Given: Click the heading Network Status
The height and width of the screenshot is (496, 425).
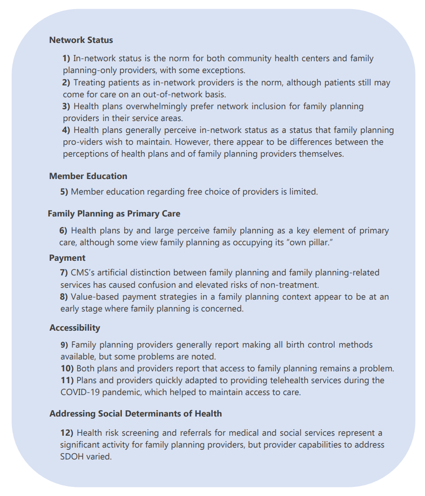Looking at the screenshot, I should click(x=81, y=40).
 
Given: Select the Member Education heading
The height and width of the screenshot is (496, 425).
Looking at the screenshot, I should click(x=88, y=176).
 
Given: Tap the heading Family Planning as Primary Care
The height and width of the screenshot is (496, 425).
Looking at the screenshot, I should click(x=114, y=213).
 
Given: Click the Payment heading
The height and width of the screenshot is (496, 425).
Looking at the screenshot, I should click(x=67, y=258).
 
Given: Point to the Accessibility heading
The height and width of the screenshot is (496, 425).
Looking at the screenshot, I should click(x=74, y=327).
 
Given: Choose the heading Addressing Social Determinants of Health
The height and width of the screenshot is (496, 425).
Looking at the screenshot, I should click(x=136, y=413).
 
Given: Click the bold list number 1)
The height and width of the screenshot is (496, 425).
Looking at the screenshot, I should click(x=67, y=58).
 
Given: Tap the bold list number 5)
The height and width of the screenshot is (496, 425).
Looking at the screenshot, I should click(x=64, y=192).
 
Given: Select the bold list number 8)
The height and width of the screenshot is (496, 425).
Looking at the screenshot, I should click(x=64, y=297).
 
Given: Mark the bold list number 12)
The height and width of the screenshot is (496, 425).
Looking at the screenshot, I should click(x=67, y=433).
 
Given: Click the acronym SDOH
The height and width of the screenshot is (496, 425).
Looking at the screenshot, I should click(x=72, y=456).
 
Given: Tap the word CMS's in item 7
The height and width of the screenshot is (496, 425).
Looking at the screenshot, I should click(x=83, y=273).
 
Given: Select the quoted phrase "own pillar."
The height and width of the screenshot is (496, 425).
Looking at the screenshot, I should click(x=308, y=243).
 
